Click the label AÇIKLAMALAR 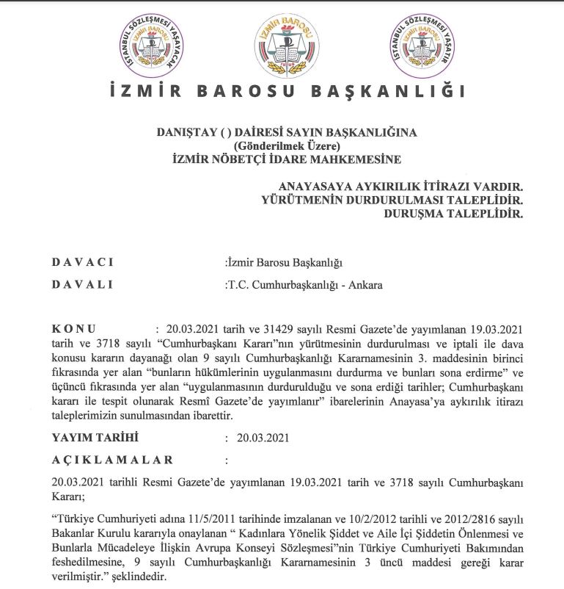tap(113, 460)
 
